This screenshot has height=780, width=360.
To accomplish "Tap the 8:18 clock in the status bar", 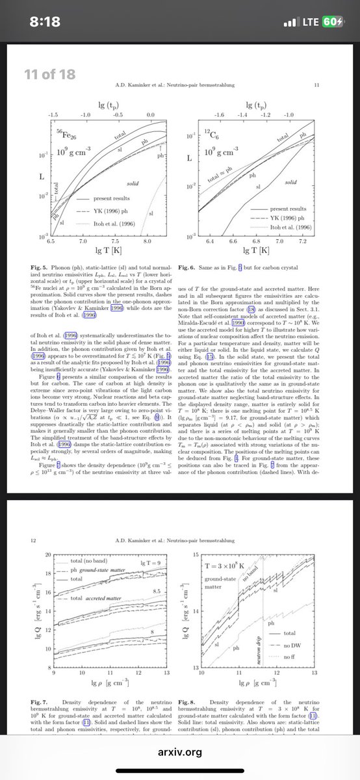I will (48, 22).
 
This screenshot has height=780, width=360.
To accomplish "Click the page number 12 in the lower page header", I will (33, 540).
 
